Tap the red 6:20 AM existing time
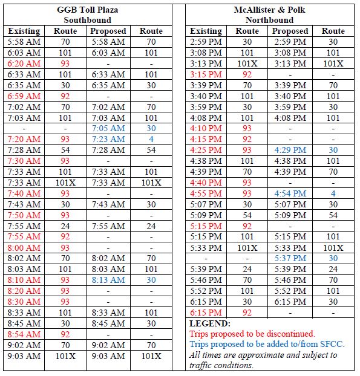coord(24,63)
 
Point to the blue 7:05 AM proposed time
coord(109,128)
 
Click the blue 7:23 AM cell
coord(109,139)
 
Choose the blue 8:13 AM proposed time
coord(109,280)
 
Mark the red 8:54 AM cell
coord(24,334)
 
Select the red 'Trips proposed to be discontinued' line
coord(252,334)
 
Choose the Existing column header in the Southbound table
coord(24,31)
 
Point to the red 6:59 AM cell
coord(24,96)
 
